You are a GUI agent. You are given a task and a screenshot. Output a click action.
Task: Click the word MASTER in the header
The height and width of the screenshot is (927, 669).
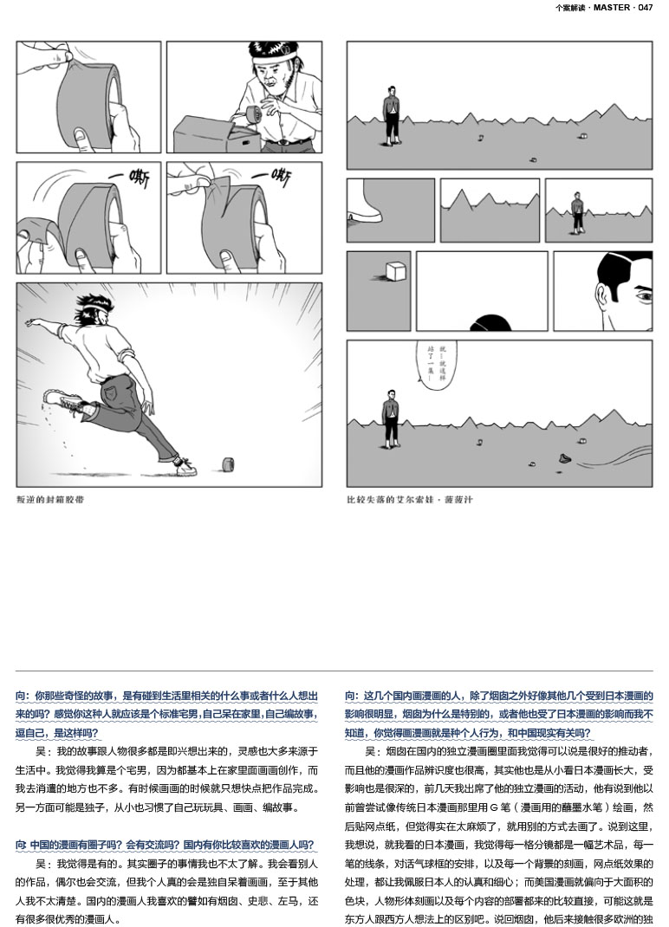click(612, 8)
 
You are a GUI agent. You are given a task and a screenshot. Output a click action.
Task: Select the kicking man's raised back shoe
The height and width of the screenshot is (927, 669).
click(65, 401)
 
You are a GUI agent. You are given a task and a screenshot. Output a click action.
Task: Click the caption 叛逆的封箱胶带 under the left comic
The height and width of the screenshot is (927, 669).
click(50, 499)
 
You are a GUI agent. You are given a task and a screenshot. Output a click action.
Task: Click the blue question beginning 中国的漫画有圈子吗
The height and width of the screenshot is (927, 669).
click(165, 845)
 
